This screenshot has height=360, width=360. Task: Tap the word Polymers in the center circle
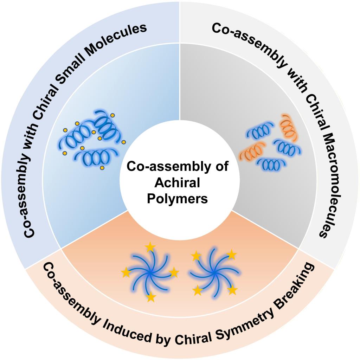point(177,199)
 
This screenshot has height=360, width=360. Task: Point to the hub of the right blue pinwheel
point(214,272)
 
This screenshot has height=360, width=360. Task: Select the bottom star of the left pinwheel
point(151,297)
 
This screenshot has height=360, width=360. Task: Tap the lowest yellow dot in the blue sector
point(102,168)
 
